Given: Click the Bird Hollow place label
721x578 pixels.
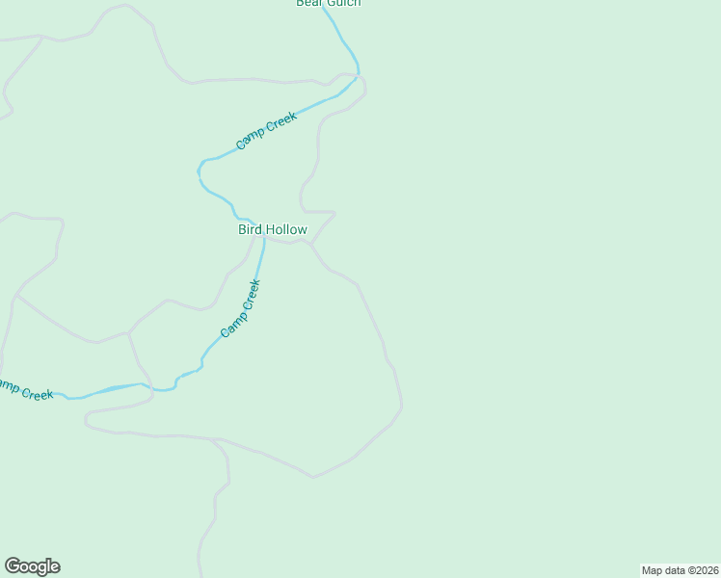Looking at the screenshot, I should coord(273,229).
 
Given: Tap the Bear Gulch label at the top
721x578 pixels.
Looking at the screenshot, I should coord(328,3).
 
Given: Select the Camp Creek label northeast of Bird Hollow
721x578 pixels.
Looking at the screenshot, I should coord(267,131).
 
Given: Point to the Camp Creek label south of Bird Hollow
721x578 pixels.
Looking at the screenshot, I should coord(241,308).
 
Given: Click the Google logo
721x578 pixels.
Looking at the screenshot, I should coord(32,566).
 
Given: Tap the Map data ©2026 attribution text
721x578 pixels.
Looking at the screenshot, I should coord(681,570).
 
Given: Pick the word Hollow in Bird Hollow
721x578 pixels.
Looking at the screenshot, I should coord(286,229).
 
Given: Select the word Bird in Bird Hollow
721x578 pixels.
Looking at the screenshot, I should coord(250,229).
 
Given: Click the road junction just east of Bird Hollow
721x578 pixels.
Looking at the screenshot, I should coord(310,244).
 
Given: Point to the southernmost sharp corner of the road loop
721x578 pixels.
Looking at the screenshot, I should coord(313,477).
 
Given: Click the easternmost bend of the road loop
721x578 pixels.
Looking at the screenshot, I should coord(402,407).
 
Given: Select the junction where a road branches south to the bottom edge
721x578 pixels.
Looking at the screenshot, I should coord(216,440).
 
